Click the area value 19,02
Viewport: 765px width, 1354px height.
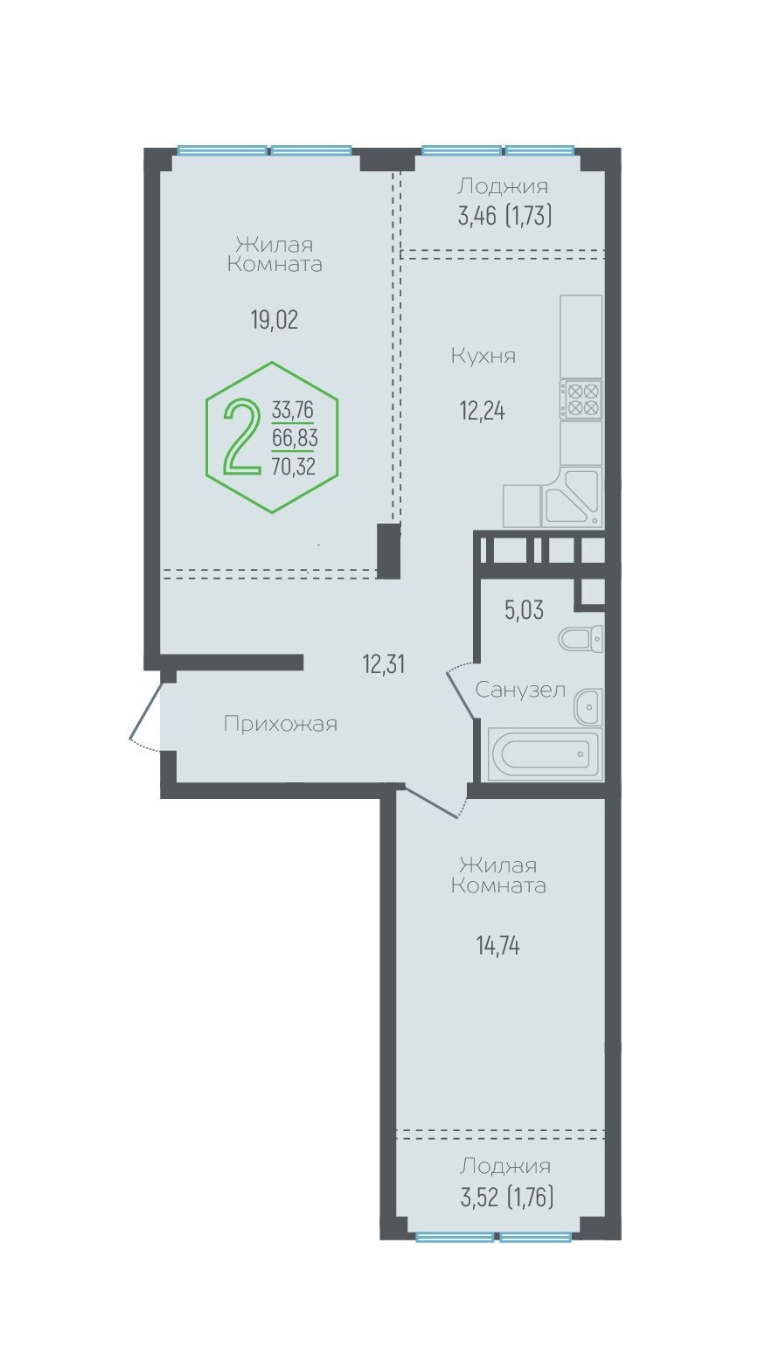[x=275, y=320]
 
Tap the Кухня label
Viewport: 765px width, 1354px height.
[x=483, y=356]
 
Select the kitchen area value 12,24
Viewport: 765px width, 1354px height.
[x=483, y=411]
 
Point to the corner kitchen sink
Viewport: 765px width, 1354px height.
[x=572, y=496]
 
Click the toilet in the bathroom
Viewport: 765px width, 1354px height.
[x=581, y=638]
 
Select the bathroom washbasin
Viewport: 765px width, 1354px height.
[x=588, y=706]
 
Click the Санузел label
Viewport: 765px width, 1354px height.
[x=520, y=690]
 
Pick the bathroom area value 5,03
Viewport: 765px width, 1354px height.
[x=525, y=610]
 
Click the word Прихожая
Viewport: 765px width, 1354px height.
[x=281, y=724]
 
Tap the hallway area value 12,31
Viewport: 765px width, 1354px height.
[x=384, y=664]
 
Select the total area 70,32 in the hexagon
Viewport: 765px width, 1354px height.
[x=294, y=466]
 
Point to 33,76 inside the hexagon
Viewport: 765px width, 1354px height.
[x=293, y=410]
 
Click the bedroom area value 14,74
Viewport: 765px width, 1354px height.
[x=498, y=946]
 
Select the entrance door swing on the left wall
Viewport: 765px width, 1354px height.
[x=145, y=717]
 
